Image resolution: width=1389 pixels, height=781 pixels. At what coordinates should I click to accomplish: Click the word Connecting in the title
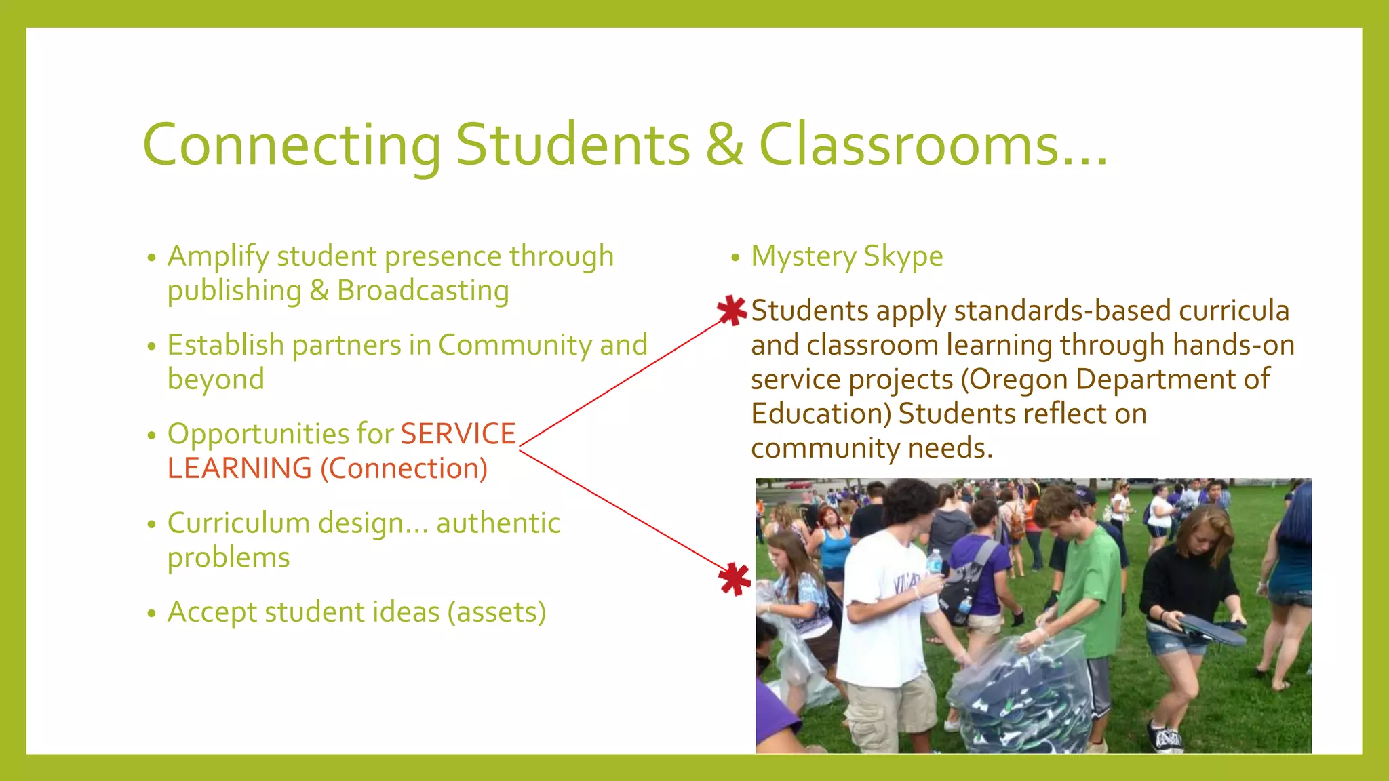point(292,146)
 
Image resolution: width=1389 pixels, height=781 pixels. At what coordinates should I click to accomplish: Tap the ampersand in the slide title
point(724,144)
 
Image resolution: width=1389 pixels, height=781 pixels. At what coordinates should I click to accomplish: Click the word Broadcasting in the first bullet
point(423,291)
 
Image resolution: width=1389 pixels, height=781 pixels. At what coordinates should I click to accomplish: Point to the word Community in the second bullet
point(515,345)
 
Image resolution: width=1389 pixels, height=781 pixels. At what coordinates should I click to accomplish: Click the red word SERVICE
point(458,434)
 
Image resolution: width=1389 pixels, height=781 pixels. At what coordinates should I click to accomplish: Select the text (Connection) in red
point(404,468)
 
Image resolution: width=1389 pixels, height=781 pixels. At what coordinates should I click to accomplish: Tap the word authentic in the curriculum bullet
point(498,523)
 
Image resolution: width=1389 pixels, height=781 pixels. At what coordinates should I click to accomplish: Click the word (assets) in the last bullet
point(496,612)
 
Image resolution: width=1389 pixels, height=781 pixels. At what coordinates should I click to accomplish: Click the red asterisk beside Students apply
point(732,311)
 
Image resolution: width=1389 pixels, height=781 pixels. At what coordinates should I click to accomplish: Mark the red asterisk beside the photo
point(735,579)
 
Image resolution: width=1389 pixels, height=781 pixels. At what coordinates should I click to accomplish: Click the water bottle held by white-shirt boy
point(935,562)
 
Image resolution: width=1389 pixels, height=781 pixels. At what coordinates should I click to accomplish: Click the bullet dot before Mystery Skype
point(735,258)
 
